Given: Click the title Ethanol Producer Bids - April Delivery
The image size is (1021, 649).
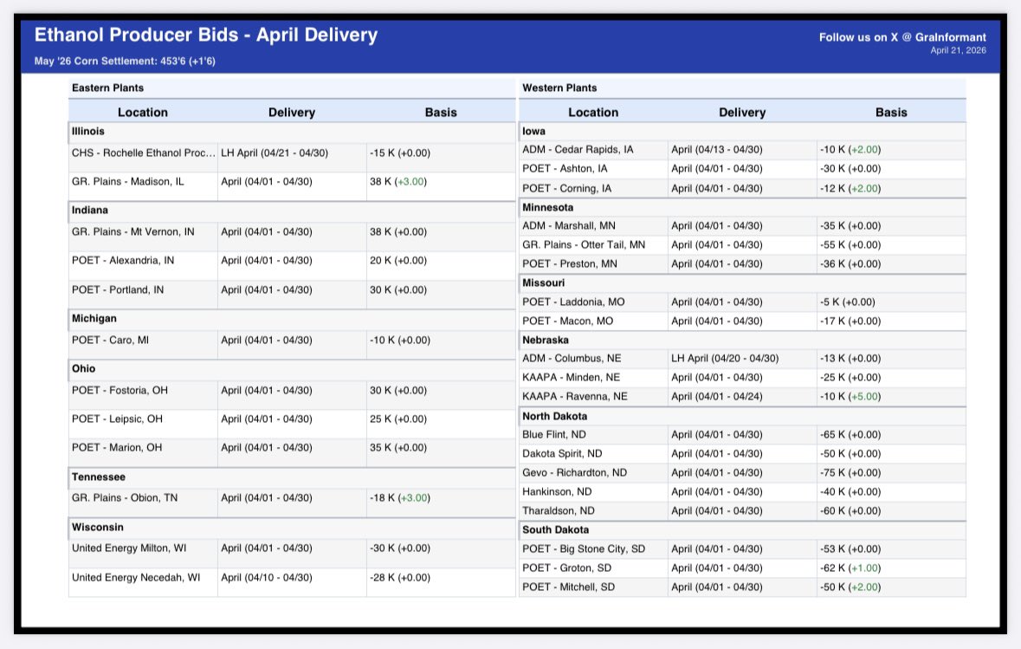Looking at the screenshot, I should click(206, 36).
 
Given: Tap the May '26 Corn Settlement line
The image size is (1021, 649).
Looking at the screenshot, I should click(125, 62).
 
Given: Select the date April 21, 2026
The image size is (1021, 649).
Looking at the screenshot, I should click(958, 50).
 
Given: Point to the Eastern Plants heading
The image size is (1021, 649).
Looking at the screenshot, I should click(108, 88).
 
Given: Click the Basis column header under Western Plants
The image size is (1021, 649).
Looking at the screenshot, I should click(891, 112).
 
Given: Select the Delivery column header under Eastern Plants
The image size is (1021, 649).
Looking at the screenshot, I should click(292, 112).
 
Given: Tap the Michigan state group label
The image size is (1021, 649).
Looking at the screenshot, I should click(94, 318).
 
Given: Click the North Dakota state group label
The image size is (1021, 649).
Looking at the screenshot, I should click(554, 416).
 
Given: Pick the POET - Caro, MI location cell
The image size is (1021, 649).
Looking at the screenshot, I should click(110, 341).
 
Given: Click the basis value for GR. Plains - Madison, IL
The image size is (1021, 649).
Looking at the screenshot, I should click(399, 182).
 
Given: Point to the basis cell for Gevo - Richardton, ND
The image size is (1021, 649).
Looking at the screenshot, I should click(850, 473).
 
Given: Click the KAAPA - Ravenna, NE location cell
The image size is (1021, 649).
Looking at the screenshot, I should click(575, 396).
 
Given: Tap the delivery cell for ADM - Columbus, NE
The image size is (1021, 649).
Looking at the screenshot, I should click(725, 358).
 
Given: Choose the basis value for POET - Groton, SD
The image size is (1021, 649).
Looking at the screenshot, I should click(850, 568).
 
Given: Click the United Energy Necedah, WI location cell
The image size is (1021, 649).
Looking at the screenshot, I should click(136, 578).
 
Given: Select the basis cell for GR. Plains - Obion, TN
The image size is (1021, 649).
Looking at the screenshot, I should click(399, 498).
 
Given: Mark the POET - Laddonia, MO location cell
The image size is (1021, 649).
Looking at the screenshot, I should click(573, 302).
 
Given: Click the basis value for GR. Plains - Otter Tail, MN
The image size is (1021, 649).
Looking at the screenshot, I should click(850, 245).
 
